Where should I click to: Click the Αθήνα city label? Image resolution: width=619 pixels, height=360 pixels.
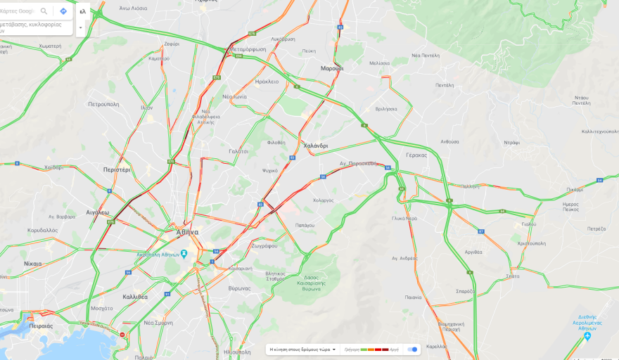[187, 231]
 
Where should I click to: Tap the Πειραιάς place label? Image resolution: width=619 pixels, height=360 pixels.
[42, 326]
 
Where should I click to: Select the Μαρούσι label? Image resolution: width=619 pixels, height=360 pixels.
[332, 68]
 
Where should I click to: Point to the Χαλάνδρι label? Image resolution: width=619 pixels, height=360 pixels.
[315, 146]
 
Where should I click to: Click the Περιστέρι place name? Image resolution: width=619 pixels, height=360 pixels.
[117, 169]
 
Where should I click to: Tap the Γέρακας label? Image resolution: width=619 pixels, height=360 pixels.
[416, 155]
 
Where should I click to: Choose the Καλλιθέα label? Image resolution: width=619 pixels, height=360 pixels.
[134, 297]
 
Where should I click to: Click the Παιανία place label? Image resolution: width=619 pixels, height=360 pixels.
[413, 297]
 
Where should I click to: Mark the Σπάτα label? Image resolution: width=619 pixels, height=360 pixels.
[512, 276]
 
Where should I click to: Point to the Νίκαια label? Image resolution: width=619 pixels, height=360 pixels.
[32, 264]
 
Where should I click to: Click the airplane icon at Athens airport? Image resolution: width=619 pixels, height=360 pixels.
[587, 336]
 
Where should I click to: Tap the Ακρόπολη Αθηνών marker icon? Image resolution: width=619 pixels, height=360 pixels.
[184, 253]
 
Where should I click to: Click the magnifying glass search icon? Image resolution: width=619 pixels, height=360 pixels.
[44, 11]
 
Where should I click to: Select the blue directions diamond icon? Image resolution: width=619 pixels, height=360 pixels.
[63, 11]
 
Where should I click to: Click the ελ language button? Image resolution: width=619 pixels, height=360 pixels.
[82, 11]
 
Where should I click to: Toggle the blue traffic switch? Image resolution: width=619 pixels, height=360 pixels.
[413, 349]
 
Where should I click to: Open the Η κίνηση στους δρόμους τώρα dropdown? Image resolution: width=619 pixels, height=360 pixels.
[302, 349]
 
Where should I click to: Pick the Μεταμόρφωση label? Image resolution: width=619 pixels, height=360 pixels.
[248, 49]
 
